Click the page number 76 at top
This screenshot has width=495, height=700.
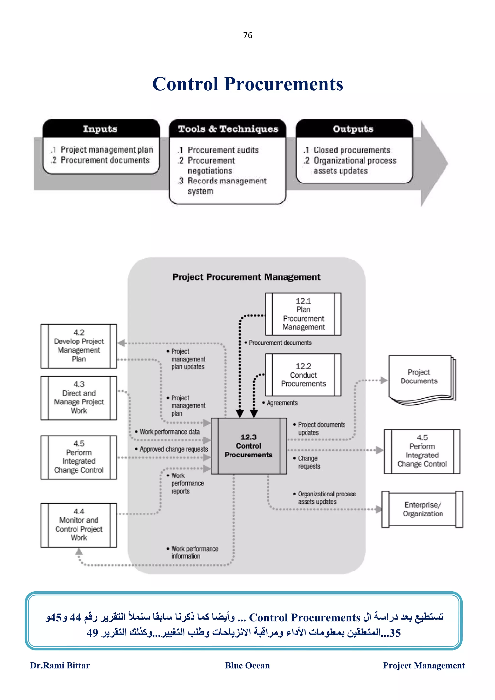click(x=248, y=35)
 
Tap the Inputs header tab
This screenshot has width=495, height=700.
click(x=100, y=129)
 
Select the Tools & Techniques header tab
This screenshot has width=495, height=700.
click(x=228, y=129)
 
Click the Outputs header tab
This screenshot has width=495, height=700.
click(x=353, y=129)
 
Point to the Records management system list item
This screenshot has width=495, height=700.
click(x=227, y=186)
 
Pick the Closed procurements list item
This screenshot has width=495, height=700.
click(x=352, y=150)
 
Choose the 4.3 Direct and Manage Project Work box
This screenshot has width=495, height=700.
click(x=79, y=398)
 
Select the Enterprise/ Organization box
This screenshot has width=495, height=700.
click(x=422, y=509)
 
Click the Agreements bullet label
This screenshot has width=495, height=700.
click(x=282, y=403)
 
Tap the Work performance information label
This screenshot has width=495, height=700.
click(x=194, y=552)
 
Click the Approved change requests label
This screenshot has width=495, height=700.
click(x=174, y=449)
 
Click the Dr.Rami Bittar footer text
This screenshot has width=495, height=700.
click(x=60, y=665)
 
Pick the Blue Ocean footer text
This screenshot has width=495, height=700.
click(x=247, y=665)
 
